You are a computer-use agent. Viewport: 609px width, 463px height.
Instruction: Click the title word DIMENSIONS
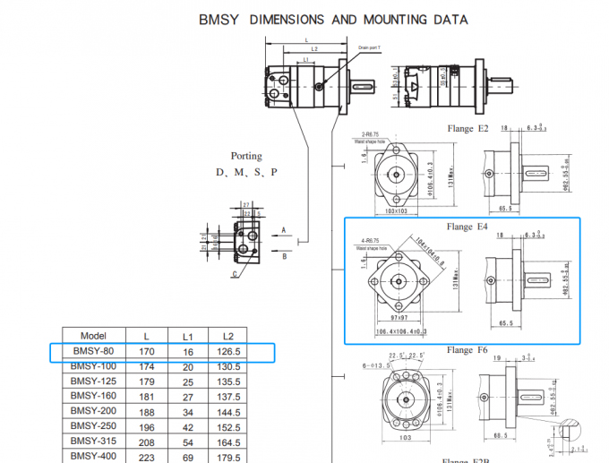[314, 20]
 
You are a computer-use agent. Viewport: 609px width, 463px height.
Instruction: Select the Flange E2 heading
[467, 129]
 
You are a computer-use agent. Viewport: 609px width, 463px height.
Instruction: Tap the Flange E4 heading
[468, 227]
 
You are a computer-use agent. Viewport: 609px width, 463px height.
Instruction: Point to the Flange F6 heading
[468, 350]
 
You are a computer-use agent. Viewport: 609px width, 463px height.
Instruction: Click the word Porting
[246, 156]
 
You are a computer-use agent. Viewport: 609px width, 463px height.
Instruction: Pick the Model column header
[93, 336]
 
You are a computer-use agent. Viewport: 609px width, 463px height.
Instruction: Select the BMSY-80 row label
[93, 352]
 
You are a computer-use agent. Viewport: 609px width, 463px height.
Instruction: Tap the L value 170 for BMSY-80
[147, 352]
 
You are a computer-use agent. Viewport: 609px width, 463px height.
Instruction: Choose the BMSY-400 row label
[93, 456]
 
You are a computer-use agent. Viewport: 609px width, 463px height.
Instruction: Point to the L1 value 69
[188, 456]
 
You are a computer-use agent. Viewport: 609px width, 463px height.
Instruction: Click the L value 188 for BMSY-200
[147, 410]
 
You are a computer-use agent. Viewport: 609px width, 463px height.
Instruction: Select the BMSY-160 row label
[93, 396]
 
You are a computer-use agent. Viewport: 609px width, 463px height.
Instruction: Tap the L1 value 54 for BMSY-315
[188, 442]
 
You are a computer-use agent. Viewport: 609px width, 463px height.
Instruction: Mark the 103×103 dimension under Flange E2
[395, 211]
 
